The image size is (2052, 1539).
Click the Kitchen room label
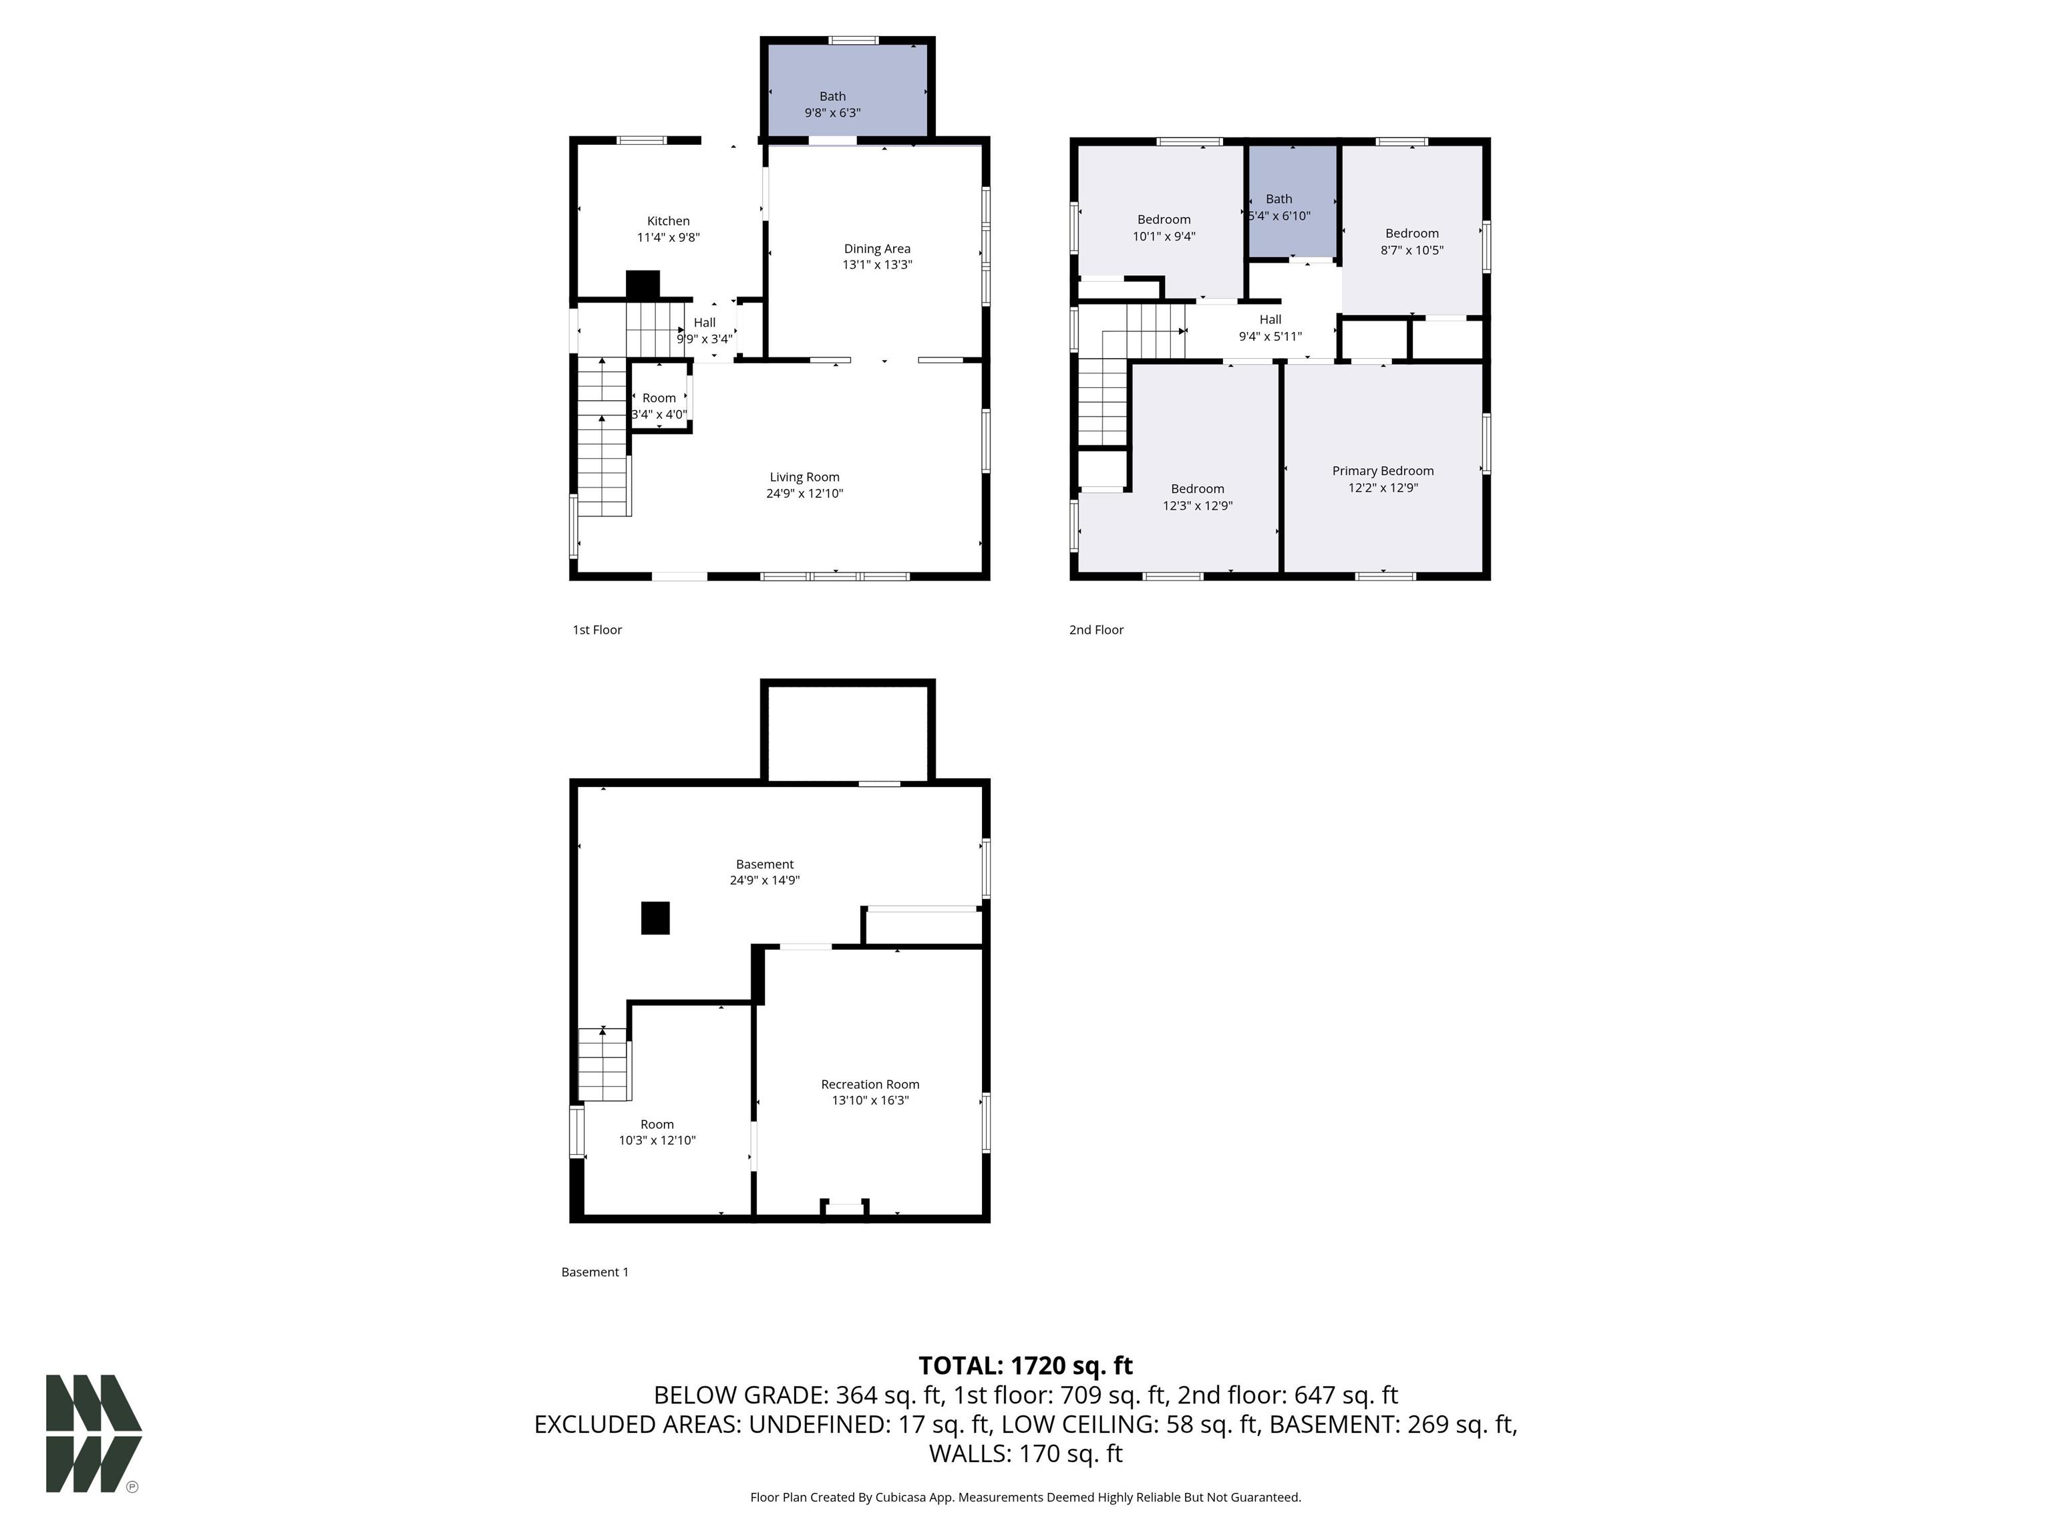tap(668, 221)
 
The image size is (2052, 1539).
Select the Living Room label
tap(804, 477)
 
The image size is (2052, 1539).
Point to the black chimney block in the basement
tap(656, 918)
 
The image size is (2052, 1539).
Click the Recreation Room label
tap(870, 1083)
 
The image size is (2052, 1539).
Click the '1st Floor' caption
tap(596, 630)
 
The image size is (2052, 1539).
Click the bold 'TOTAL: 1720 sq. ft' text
tap(1025, 1365)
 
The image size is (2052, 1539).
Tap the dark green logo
tap(93, 1433)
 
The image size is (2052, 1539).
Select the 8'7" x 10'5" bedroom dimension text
tap(1412, 250)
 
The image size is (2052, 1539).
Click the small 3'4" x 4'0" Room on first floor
tap(659, 397)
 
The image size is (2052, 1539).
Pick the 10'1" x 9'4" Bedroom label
tap(1164, 220)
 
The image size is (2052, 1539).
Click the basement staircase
tap(604, 1064)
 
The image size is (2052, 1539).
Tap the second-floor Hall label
tap(1270, 320)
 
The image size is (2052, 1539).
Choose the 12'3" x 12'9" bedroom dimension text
tap(1198, 506)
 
